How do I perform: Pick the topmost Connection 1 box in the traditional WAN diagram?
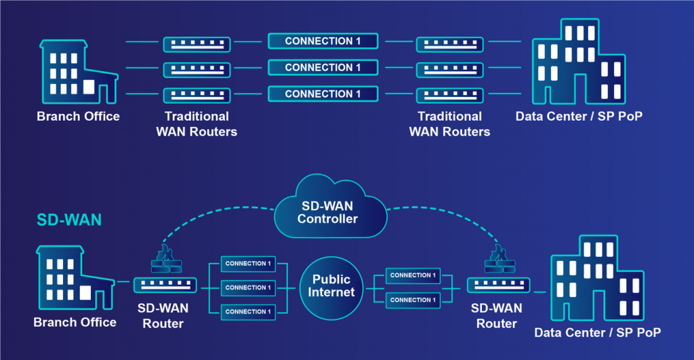point(323,41)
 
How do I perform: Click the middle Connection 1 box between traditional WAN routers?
point(323,68)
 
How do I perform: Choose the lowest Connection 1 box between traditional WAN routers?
point(323,94)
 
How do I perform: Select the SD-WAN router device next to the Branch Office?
point(165,285)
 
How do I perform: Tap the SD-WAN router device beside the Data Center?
point(498,285)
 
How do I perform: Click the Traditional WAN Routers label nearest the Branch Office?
point(197,124)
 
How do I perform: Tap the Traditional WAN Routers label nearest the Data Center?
point(449,124)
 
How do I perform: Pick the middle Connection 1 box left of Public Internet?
point(248,287)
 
